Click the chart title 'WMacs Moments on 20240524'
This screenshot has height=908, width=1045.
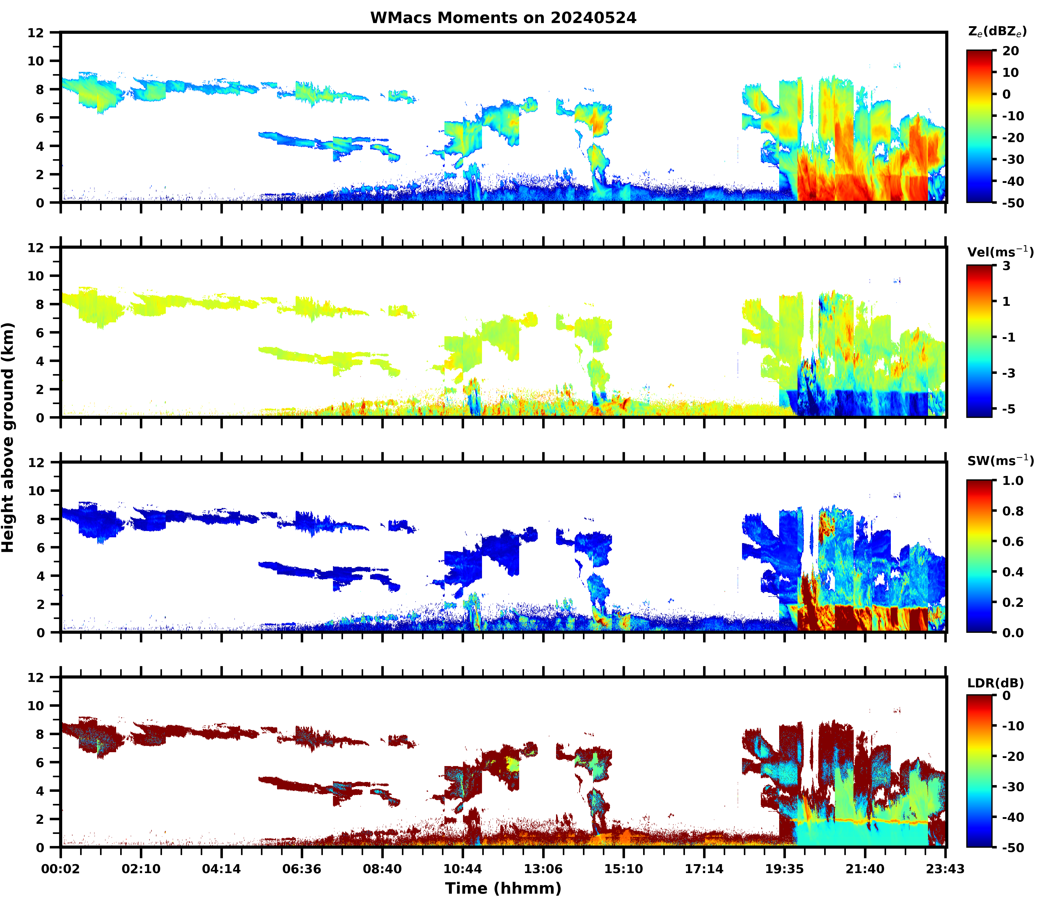point(503,18)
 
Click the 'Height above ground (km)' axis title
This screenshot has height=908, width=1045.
point(8,437)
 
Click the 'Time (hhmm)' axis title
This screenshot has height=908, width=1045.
point(503,888)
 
